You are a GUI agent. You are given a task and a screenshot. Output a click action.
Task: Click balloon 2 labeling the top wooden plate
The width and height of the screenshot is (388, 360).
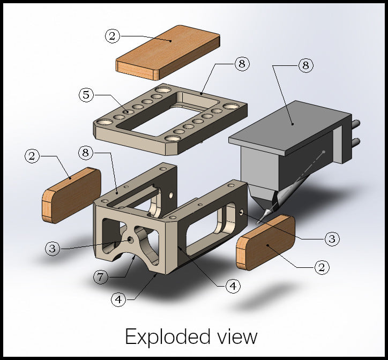[113, 36]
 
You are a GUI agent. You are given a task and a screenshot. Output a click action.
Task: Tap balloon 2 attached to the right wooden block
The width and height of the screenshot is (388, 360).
[323, 266]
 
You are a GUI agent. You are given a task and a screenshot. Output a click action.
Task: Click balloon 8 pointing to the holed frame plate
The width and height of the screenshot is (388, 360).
[242, 64]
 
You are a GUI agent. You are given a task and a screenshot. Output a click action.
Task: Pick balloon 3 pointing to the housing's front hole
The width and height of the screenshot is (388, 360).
[53, 248]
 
